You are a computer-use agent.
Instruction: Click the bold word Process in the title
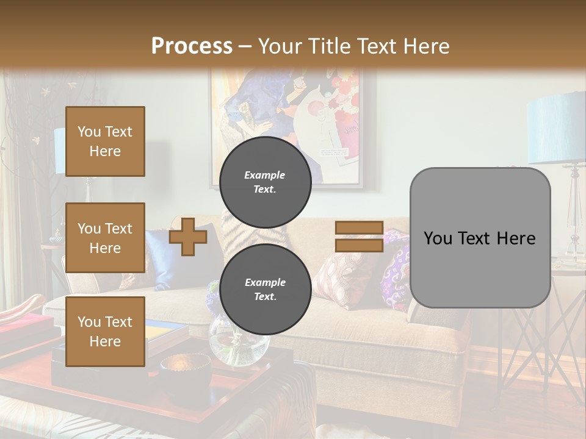pos(192,46)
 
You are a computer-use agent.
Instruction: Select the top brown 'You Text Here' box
pos(105,141)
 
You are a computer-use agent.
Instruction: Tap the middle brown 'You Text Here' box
pos(105,238)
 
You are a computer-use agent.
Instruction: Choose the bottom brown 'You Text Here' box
pos(105,331)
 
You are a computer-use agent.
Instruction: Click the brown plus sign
pos(188,237)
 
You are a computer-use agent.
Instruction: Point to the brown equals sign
pos(360,237)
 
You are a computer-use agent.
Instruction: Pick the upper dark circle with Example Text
pos(265,182)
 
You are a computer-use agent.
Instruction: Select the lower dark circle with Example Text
pos(265,289)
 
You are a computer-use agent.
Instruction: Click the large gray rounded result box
pos(480,238)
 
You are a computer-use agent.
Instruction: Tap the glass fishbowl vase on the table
pos(239,344)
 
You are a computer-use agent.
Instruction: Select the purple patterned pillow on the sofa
pos(395,268)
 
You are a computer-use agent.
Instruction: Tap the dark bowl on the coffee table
pos(185,369)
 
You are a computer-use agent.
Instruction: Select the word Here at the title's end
pos(427,46)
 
